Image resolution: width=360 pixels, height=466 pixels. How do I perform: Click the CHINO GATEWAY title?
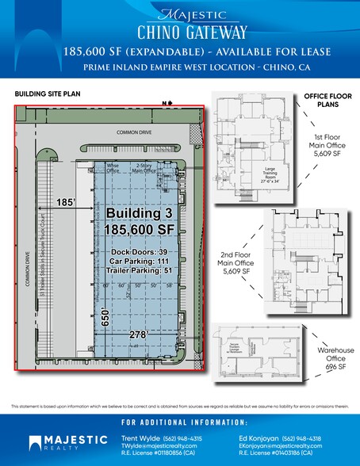tap(180, 31)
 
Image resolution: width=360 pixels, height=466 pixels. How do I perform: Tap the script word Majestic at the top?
tap(180, 14)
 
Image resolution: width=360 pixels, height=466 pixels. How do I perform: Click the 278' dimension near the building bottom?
tap(140, 336)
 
